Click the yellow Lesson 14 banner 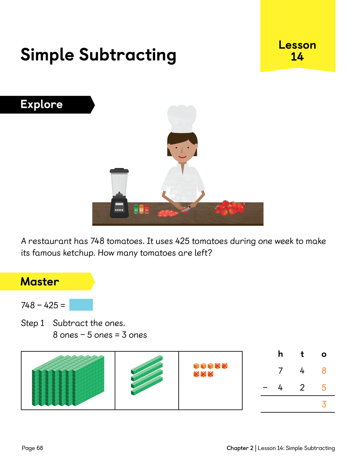pyautogui.click(x=298, y=36)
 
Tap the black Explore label pyautogui.click(x=47, y=104)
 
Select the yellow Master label pyautogui.click(x=47, y=281)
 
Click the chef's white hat pyautogui.click(x=182, y=119)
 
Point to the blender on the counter pyautogui.click(x=119, y=193)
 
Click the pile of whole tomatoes pyautogui.click(x=230, y=208)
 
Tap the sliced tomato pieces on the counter pyautogui.click(x=168, y=213)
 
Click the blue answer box pyautogui.click(x=81, y=305)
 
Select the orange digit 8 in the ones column pyautogui.click(x=324, y=371)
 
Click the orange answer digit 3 pyautogui.click(x=324, y=404)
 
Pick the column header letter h pyautogui.click(x=280, y=354)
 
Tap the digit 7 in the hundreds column pyautogui.click(x=280, y=371)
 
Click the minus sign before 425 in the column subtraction pyautogui.click(x=265, y=388)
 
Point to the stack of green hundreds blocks pyautogui.click(x=68, y=380)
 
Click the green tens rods pyautogui.click(x=147, y=375)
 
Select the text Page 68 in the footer pyautogui.click(x=33, y=448)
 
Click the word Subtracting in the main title pyautogui.click(x=128, y=55)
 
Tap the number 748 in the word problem pyautogui.click(x=97, y=241)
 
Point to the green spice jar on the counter pyautogui.click(x=136, y=209)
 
